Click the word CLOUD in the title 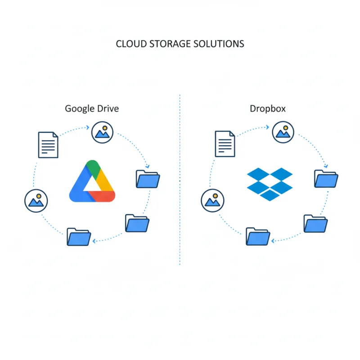(x=128, y=44)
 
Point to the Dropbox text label (x=267, y=108)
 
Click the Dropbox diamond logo (x=270, y=184)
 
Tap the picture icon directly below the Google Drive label (x=102, y=131)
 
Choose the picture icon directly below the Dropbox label (x=282, y=131)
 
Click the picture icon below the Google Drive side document (x=36, y=200)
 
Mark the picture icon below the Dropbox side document (x=213, y=200)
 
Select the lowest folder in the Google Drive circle (x=79, y=236)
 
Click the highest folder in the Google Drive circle (x=148, y=179)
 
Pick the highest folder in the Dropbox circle (x=326, y=178)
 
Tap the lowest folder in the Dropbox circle (x=258, y=236)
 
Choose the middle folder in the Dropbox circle (x=315, y=223)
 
